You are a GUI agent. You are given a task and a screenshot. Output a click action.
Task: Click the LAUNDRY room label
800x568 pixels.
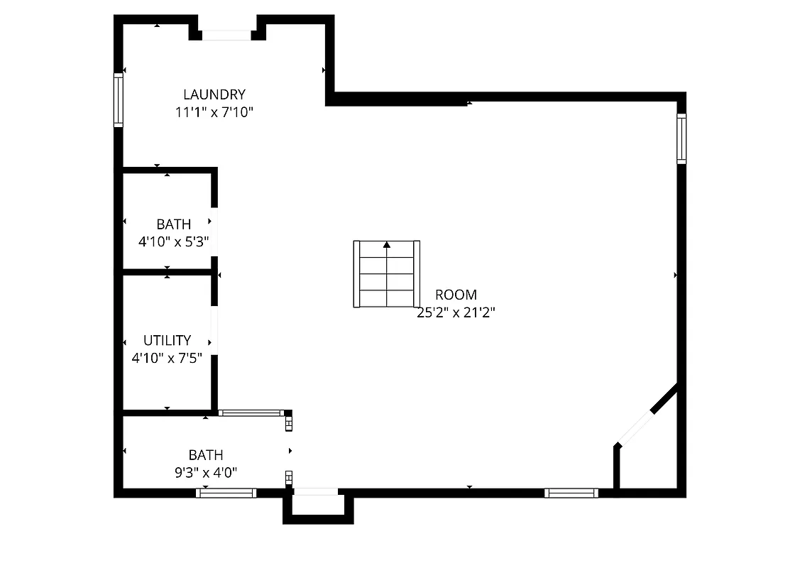pos(214,94)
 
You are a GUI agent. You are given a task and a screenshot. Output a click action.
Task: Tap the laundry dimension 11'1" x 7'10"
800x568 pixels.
pos(214,112)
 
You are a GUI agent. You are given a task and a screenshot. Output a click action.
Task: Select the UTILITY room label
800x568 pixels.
pos(167,340)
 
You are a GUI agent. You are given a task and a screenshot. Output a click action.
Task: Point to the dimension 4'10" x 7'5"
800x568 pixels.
pos(167,359)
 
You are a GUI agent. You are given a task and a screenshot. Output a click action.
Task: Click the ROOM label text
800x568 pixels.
pos(456,295)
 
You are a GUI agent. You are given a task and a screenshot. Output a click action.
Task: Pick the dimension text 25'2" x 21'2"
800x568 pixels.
pos(456,312)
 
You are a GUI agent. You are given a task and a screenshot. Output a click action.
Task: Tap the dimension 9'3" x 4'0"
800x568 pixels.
pos(206,471)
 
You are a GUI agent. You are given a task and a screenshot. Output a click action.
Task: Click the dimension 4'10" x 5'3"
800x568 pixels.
pos(173,241)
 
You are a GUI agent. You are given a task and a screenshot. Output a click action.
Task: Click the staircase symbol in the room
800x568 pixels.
pos(387,274)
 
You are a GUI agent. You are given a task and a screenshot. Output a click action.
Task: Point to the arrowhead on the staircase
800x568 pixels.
pos(387,245)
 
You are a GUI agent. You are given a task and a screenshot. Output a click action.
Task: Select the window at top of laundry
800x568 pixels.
pos(226,35)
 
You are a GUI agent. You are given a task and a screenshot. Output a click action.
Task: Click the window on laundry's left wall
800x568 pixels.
pos(119,100)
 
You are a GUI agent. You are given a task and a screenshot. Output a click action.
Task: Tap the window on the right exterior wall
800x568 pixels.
pos(681,138)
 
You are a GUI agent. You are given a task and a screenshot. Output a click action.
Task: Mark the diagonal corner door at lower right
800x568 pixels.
pos(635,427)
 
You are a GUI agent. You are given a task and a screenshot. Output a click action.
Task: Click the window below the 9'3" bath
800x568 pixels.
pos(226,493)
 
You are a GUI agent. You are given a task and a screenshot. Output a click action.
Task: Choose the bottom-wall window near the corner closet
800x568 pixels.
pos(571,493)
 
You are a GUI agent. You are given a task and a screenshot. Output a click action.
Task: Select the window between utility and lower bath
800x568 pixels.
pos(251,413)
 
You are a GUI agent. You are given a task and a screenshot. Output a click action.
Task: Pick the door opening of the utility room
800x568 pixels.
pos(214,330)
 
